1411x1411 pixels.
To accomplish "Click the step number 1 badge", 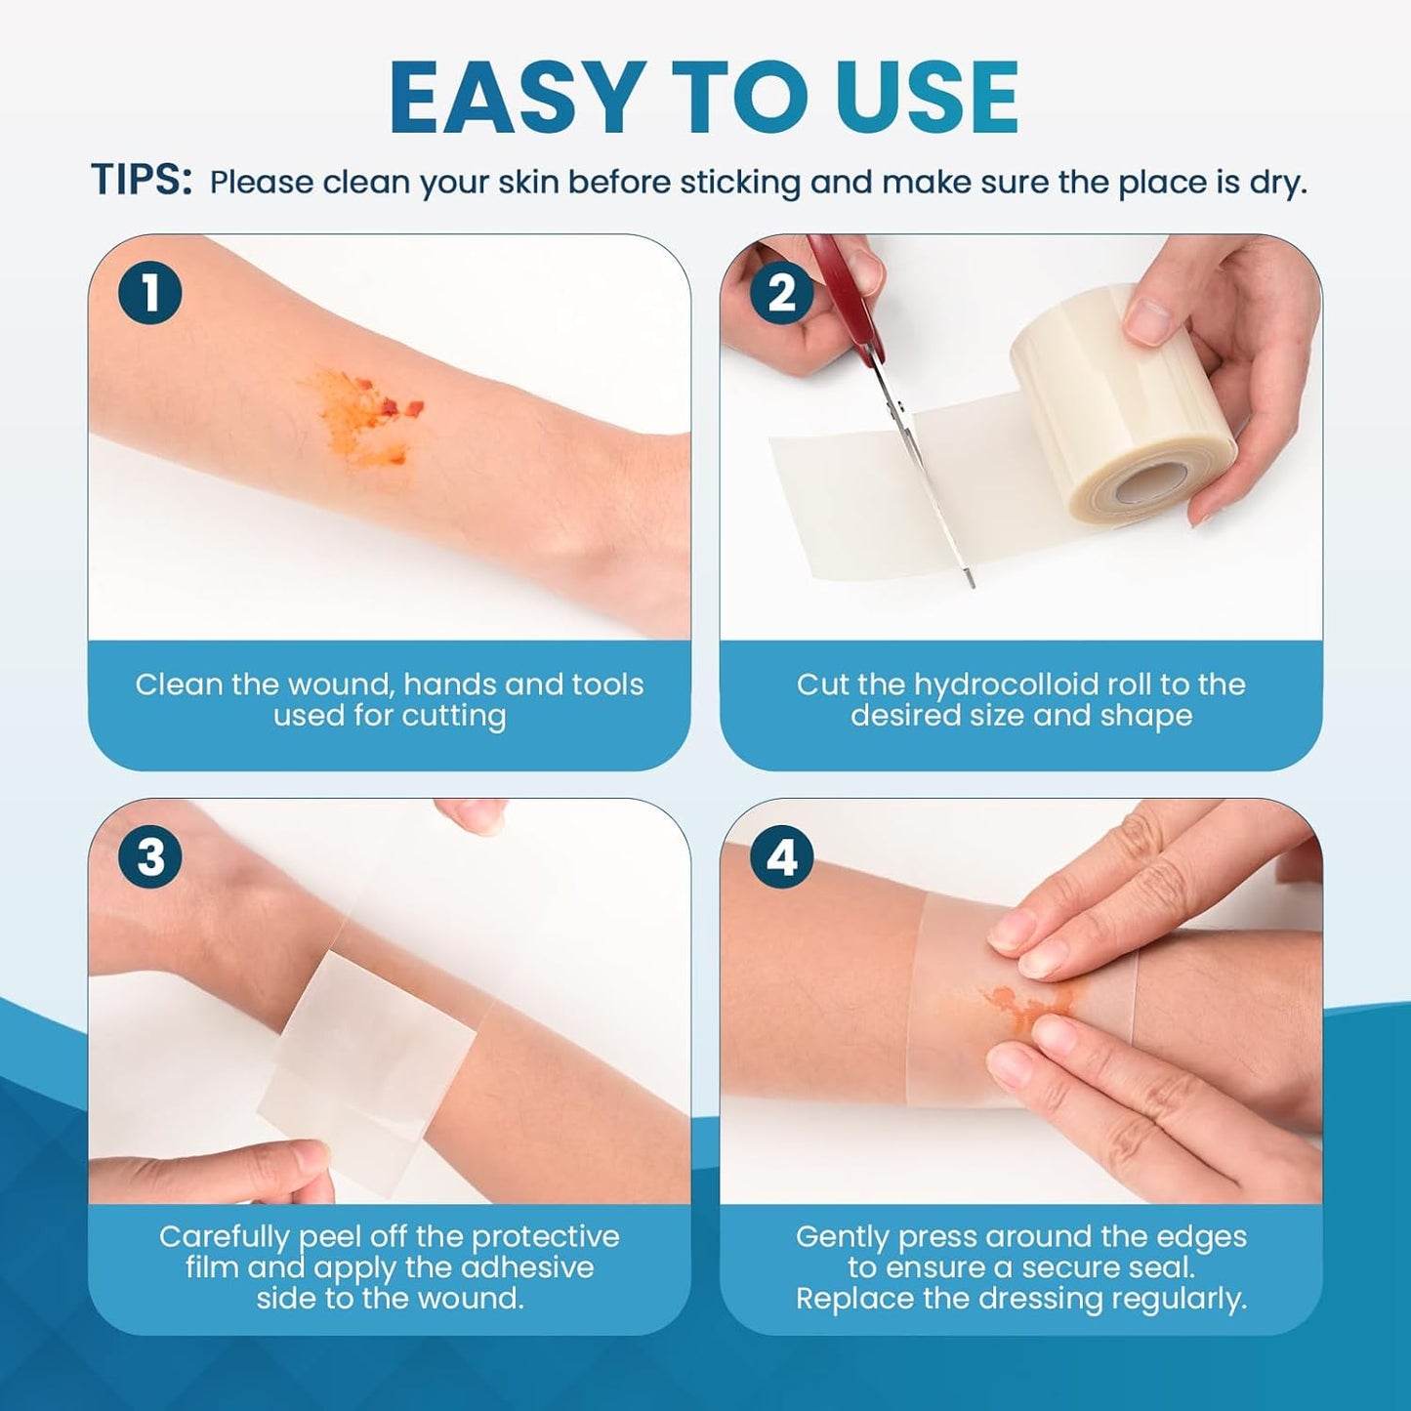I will tap(150, 293).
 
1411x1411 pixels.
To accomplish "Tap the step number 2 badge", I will tap(781, 293).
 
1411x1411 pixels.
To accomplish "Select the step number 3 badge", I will tap(150, 857).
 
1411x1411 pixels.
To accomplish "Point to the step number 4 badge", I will tap(781, 857).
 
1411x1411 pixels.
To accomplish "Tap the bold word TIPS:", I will tap(142, 182).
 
